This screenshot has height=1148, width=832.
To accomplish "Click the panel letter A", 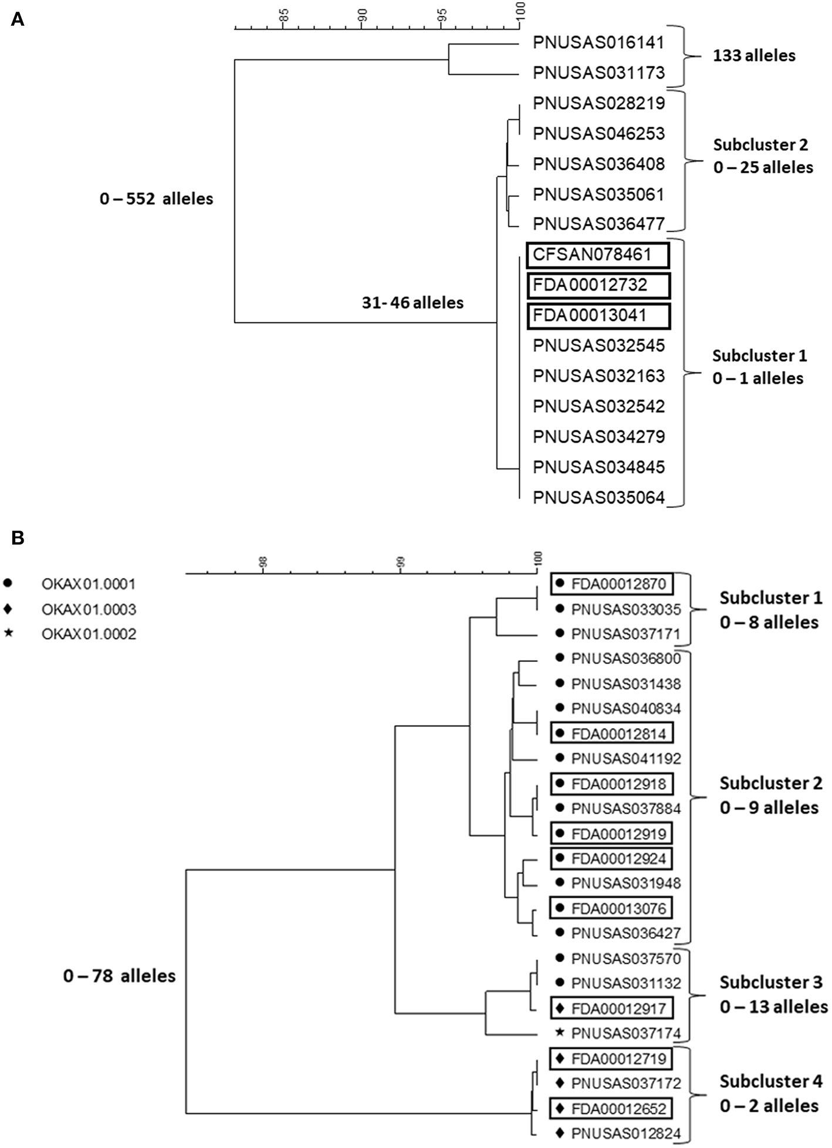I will (18, 19).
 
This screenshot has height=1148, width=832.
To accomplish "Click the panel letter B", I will (18, 538).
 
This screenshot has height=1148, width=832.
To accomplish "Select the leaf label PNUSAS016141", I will (598, 43).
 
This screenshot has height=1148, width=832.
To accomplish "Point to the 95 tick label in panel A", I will (441, 14).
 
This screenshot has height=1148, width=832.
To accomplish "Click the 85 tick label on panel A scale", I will (284, 14).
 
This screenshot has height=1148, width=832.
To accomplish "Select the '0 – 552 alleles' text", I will (156, 199).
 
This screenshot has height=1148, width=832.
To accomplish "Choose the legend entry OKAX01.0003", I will (89, 610).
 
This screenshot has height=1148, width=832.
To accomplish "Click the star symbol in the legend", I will (8, 634).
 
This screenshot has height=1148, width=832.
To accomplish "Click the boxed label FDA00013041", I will (598, 316).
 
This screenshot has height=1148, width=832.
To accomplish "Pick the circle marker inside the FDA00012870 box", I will (560, 584).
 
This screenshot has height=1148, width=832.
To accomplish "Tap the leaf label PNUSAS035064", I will (598, 498).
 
